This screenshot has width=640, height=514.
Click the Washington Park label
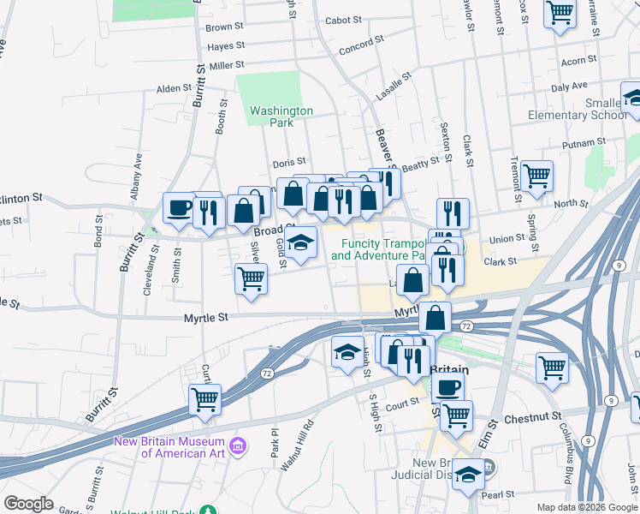tap(281, 117)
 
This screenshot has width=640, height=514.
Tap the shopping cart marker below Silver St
tap(251, 278)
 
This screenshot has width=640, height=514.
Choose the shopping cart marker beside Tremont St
tap(536, 176)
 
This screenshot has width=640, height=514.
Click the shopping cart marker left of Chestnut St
tap(455, 415)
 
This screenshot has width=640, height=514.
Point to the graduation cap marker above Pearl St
tap(468, 473)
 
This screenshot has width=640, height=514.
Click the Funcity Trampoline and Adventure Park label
tap(378, 249)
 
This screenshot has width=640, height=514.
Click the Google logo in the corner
tap(28, 504)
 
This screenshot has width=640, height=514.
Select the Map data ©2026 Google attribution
tap(587, 507)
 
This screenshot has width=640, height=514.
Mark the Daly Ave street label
tap(569, 87)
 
